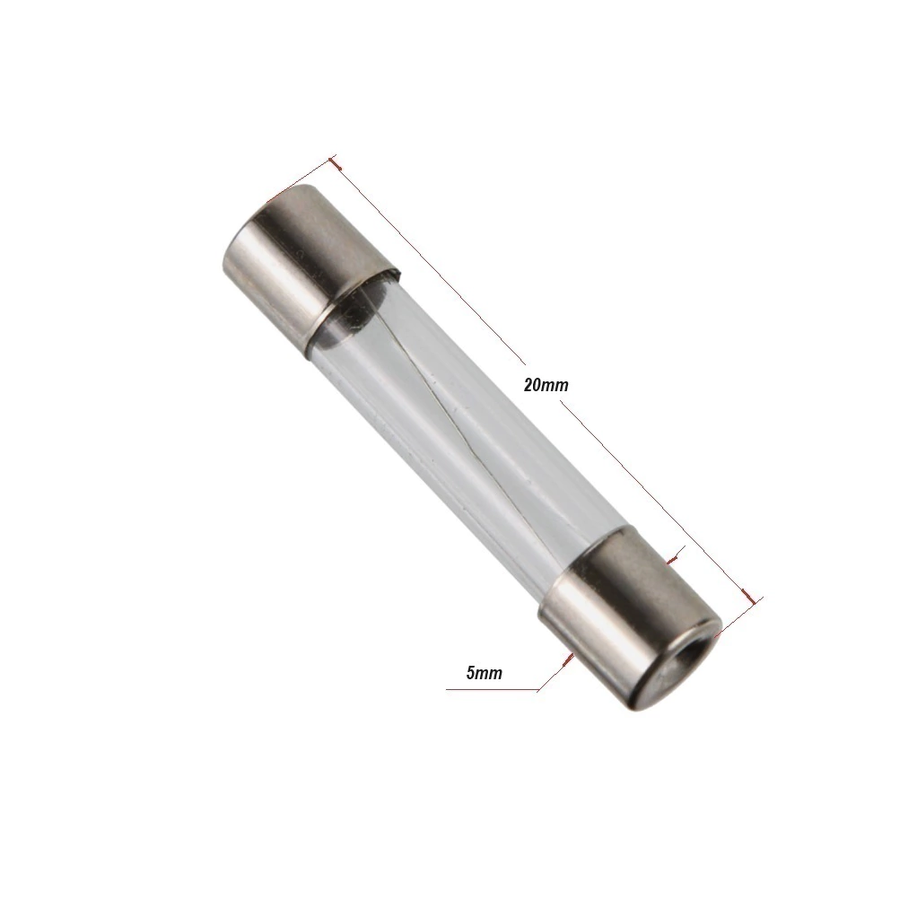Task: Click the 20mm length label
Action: (x=546, y=385)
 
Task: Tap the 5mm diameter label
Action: (x=485, y=673)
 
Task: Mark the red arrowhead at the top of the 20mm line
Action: (x=335, y=163)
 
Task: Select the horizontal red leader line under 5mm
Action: (x=492, y=690)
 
